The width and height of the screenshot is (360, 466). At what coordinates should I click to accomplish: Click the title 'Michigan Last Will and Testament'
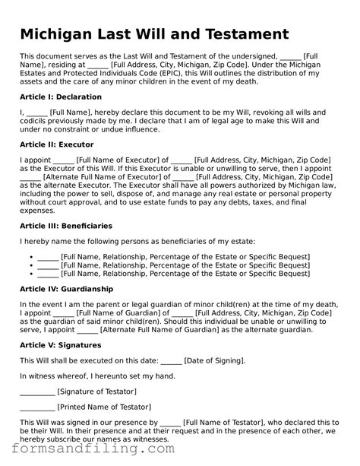[x=154, y=34]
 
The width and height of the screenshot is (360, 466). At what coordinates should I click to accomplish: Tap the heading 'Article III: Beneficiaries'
[x=65, y=226]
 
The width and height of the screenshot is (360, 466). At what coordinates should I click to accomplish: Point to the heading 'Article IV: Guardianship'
[x=66, y=289]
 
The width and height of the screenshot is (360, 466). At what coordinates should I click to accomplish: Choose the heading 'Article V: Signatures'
[x=62, y=344]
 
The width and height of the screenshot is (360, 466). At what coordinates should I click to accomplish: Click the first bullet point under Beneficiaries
[x=30, y=256]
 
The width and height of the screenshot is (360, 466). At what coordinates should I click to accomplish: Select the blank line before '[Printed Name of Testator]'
[x=36, y=407]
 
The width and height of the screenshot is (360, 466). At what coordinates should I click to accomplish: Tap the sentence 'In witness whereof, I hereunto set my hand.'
[x=97, y=376]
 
